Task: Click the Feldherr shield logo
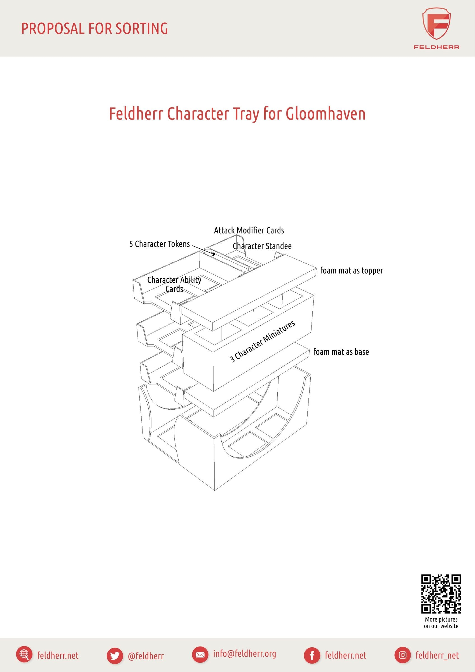pos(436,24)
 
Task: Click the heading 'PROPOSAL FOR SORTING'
pos(95,28)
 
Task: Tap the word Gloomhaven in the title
pos(326,114)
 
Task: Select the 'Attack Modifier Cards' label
pos(249,230)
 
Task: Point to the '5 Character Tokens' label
pos(160,244)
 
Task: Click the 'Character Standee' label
pos(262,246)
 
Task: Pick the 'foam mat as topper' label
pos(351,270)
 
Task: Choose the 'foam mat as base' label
pos(341,351)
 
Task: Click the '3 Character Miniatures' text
pos(262,341)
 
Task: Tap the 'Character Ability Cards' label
pos(174,284)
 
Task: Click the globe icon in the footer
pos(24,655)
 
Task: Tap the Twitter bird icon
pos(115,655)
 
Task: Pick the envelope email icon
pos(200,655)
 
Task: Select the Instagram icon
pos(403,655)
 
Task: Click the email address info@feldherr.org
pos(244,654)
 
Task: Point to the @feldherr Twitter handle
pos(146,655)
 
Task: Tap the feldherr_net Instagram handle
pos(437,655)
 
